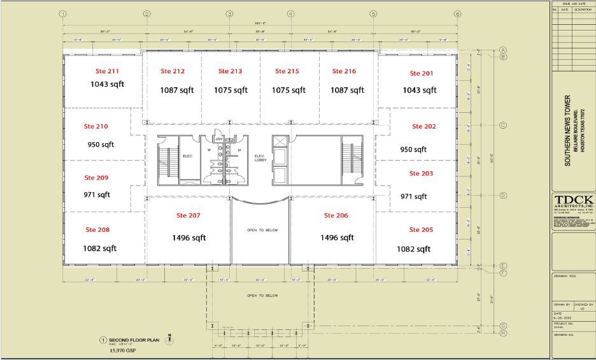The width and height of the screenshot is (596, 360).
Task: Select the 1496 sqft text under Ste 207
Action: tap(189, 238)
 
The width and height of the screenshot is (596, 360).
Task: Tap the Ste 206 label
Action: tap(336, 215)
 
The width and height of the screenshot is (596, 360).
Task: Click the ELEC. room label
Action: tap(188, 155)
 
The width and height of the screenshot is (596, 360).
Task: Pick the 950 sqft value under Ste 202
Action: tap(413, 149)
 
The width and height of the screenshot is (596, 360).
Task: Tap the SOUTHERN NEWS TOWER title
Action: tap(568, 131)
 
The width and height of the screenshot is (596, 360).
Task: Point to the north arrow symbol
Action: tap(169, 340)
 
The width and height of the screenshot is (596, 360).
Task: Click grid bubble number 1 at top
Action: tap(62, 13)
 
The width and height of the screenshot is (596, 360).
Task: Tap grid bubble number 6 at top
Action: tap(457, 13)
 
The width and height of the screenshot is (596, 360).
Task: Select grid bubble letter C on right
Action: tap(503, 126)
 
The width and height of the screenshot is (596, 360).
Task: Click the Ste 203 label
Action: tap(422, 173)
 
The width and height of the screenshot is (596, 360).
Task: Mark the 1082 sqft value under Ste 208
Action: tap(100, 248)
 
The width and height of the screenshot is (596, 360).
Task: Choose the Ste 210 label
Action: tap(96, 126)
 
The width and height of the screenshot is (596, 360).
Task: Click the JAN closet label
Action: tap(218, 138)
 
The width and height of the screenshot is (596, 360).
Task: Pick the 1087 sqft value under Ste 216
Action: tap(348, 90)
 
